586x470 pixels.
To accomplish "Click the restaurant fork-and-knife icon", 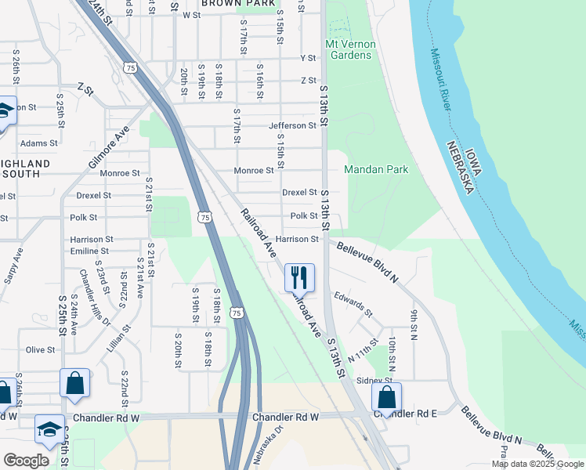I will pyautogui.click(x=299, y=277).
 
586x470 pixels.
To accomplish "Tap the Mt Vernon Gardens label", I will pyautogui.click(x=351, y=49).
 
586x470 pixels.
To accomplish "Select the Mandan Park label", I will pyautogui.click(x=376, y=169).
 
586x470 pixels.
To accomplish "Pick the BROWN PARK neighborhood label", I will pyautogui.click(x=238, y=4).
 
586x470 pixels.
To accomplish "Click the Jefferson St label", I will pyautogui.click(x=292, y=125).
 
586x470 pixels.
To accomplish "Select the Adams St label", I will pyautogui.click(x=38, y=143).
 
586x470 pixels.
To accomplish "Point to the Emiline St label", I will pyautogui.click(x=89, y=251).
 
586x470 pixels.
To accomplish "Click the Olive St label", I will pyautogui.click(x=42, y=349).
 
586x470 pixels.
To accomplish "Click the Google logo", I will pyautogui.click(x=25, y=461).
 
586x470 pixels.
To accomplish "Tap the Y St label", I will pyautogui.click(x=308, y=58).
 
